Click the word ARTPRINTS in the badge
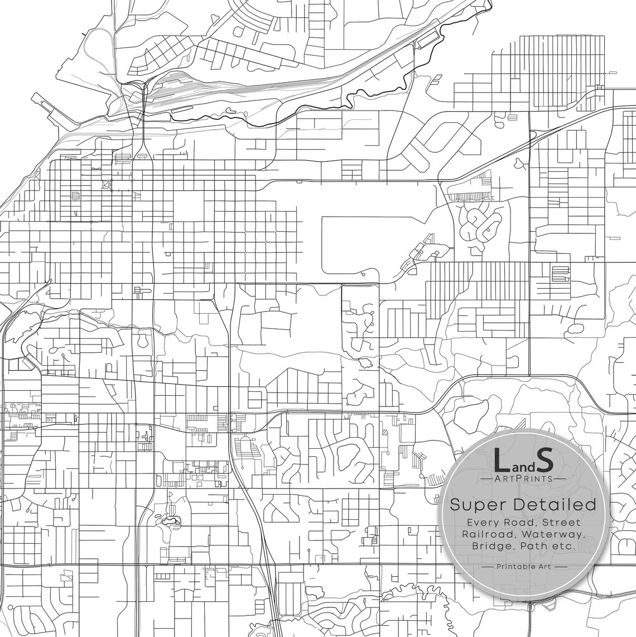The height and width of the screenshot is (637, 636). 523,478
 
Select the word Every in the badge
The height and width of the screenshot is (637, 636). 485,523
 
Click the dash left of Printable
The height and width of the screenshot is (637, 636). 486,567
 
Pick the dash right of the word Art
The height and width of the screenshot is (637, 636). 561,567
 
